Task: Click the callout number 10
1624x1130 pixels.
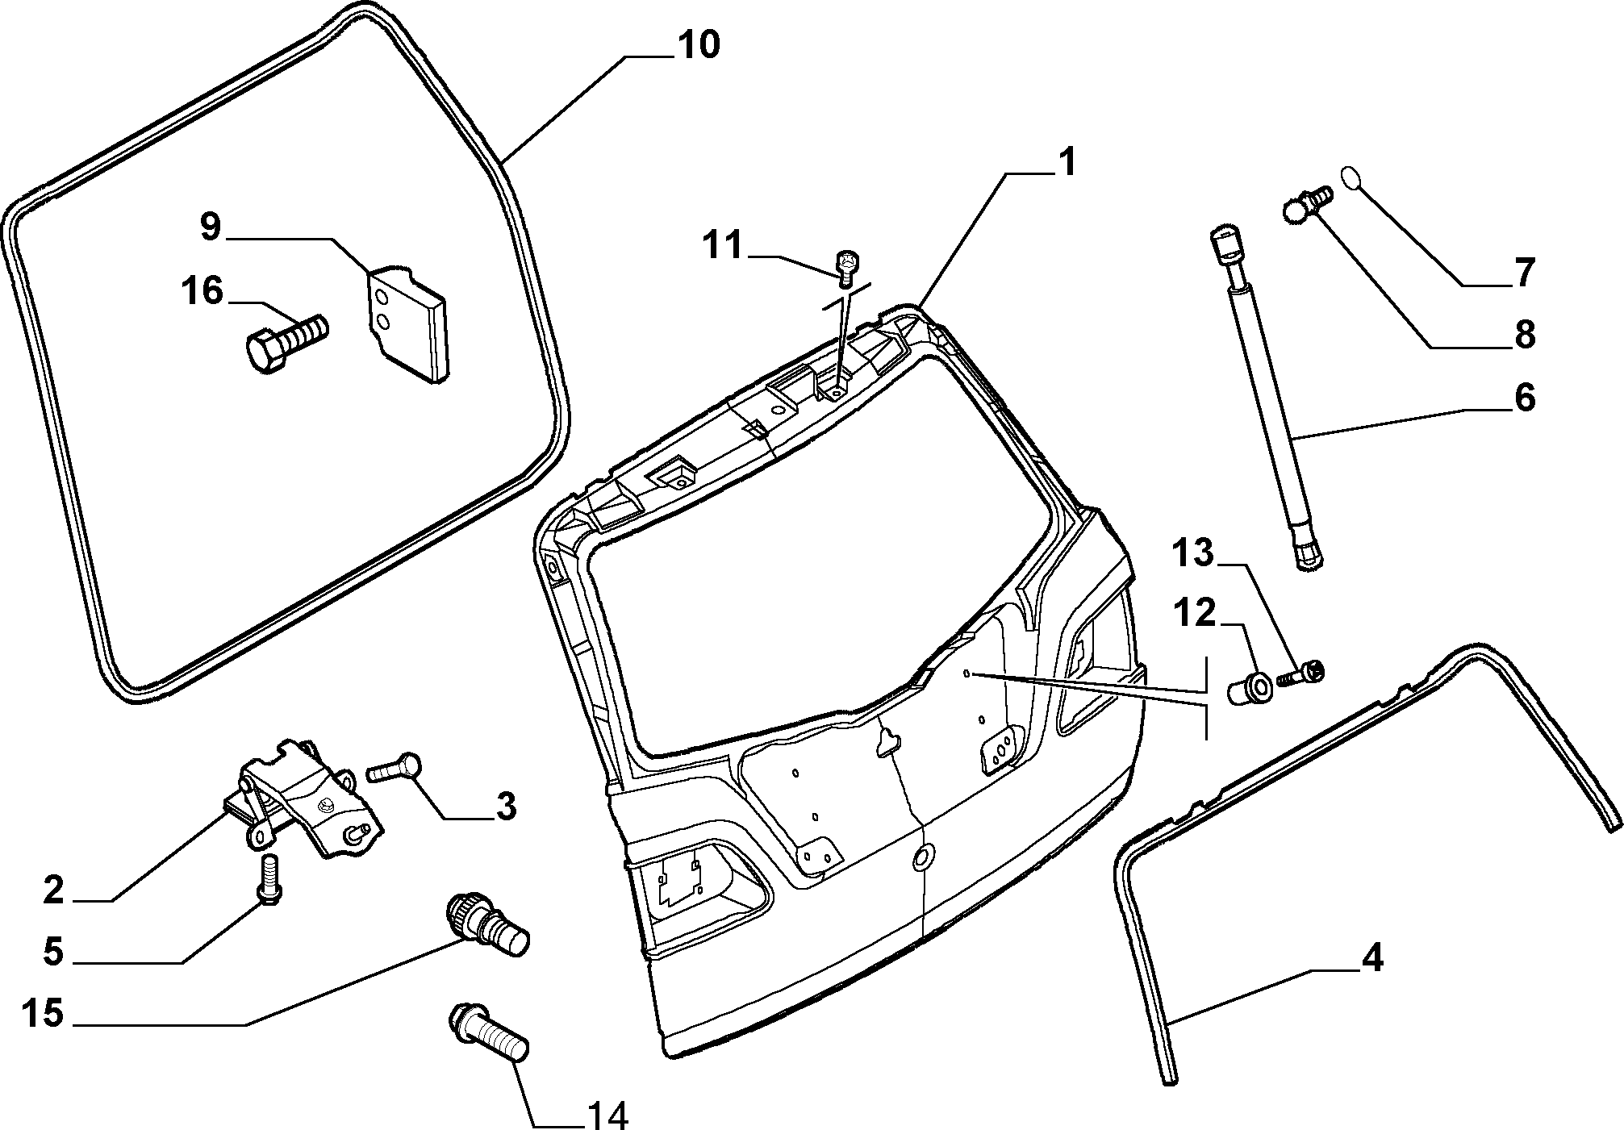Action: (697, 45)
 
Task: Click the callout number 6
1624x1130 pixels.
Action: (1523, 399)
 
